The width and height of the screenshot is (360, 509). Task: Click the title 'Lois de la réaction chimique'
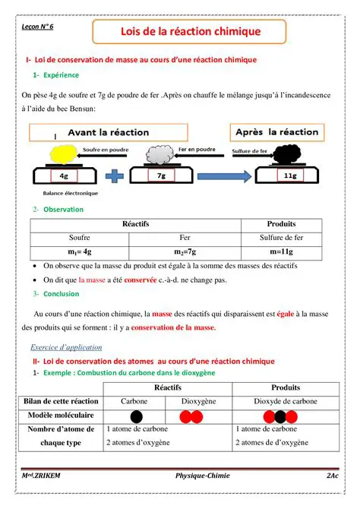coord(190,32)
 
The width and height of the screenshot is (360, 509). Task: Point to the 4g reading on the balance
coord(65,176)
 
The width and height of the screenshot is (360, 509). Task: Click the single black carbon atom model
coord(137,416)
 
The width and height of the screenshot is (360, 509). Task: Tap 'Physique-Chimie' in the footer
coord(201,476)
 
